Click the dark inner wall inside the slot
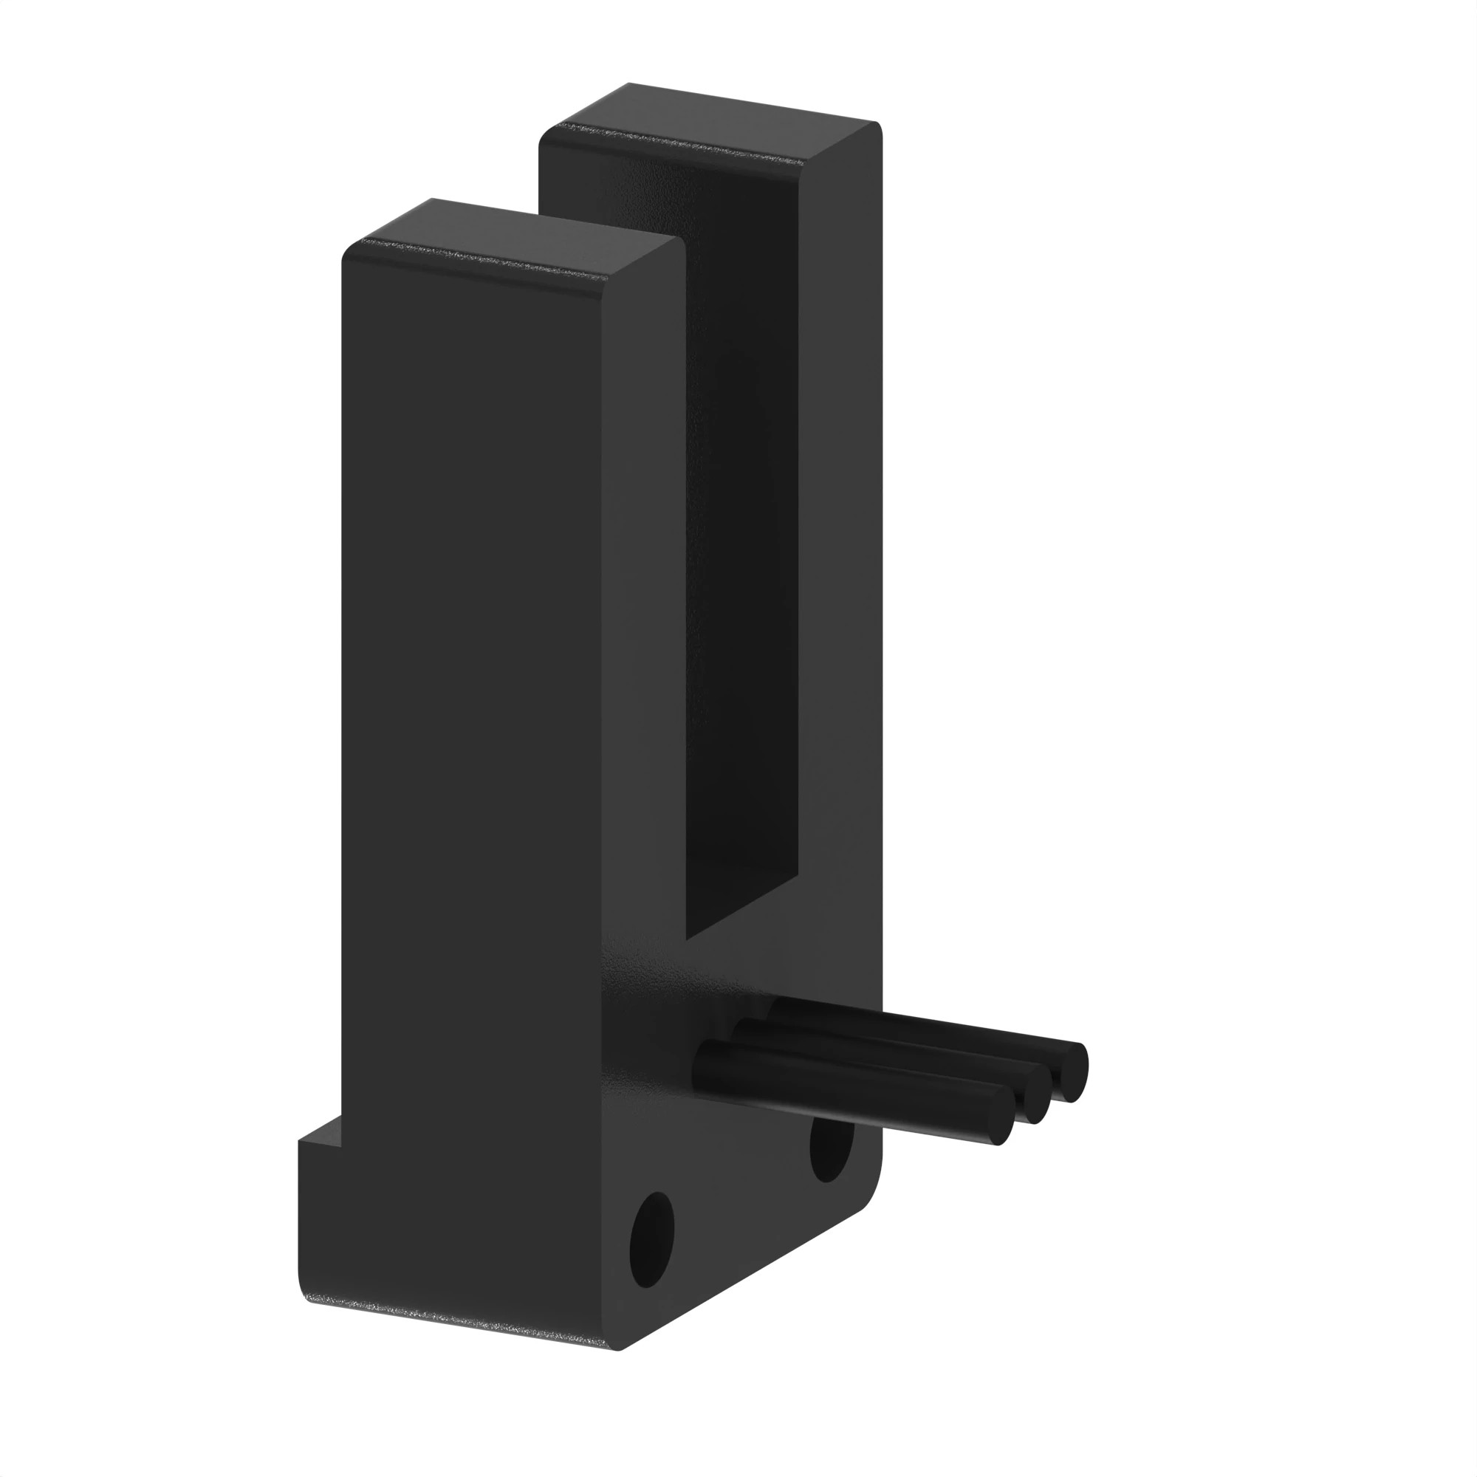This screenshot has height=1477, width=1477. (741, 535)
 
